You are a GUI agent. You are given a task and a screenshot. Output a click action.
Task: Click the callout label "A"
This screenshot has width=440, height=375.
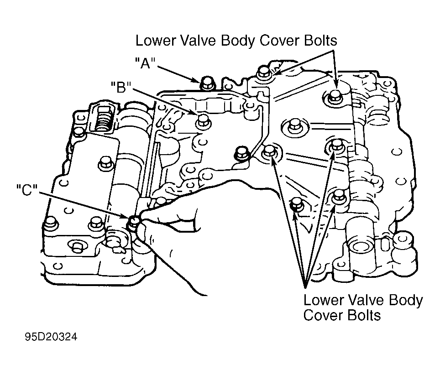click(x=145, y=63)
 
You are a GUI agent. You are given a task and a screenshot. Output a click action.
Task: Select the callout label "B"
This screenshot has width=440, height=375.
click(x=121, y=87)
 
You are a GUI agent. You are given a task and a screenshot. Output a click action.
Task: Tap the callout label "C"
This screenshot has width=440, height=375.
click(x=27, y=190)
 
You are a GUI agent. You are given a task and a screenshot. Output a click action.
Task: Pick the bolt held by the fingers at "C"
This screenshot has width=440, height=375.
click(x=134, y=222)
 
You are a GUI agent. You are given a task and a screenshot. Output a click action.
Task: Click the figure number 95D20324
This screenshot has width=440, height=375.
click(x=51, y=337)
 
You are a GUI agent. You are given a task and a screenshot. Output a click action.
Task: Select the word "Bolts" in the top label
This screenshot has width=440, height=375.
click(x=320, y=41)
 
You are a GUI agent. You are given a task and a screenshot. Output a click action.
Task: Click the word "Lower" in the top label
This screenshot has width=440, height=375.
click(x=156, y=41)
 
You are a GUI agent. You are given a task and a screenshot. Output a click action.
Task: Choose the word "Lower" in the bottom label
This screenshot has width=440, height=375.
click(x=324, y=300)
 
